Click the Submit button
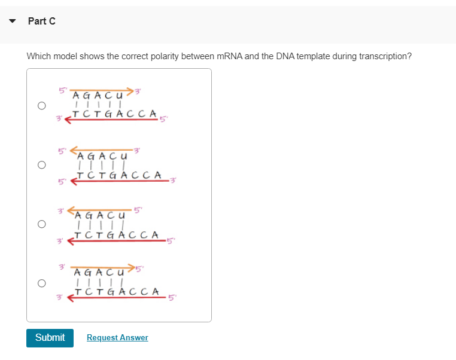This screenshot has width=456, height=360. pyautogui.click(x=50, y=338)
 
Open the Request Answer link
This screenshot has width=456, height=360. pyautogui.click(x=117, y=338)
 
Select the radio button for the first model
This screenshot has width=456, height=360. pyautogui.click(x=41, y=106)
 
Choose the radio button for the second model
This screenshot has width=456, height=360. pyautogui.click(x=41, y=164)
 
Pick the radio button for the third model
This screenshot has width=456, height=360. pyautogui.click(x=41, y=224)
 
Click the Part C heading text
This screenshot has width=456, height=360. pyautogui.click(x=42, y=22)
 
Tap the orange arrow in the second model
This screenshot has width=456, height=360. pyautogui.click(x=102, y=147)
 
